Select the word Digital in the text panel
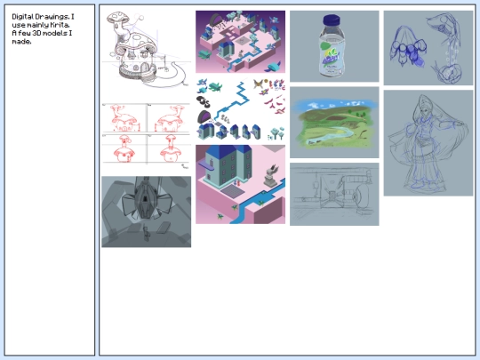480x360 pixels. point(22,17)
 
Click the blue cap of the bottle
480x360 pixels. point(331,20)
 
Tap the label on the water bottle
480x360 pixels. point(332,57)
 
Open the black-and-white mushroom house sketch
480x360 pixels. point(147,50)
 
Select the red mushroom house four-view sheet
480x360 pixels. point(147,136)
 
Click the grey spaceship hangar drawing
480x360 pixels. point(147,212)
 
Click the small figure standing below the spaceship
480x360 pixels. point(147,234)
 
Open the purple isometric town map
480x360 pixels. point(240,42)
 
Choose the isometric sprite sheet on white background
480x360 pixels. point(240,109)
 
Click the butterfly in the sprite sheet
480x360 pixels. point(259,84)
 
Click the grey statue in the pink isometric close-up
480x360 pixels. point(271,176)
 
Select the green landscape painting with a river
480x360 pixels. point(334,123)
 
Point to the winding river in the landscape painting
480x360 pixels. point(331,135)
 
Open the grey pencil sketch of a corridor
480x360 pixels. point(334,194)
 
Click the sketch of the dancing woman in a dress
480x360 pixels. point(428,143)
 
